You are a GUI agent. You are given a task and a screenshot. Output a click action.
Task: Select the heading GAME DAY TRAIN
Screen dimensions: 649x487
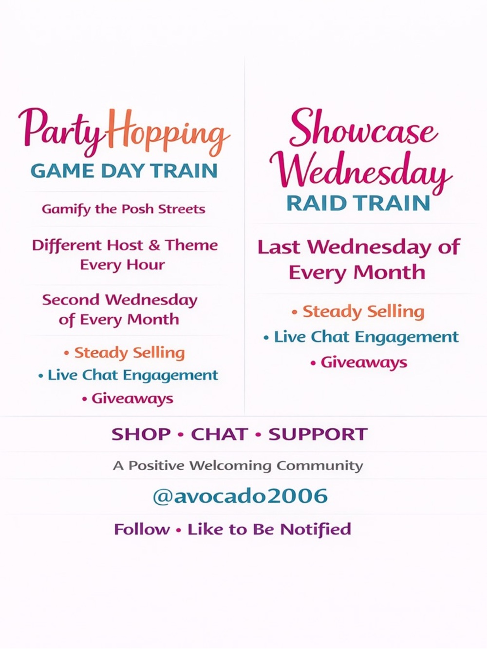(124, 171)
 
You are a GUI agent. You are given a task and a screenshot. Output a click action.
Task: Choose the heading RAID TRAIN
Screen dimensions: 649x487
(358, 203)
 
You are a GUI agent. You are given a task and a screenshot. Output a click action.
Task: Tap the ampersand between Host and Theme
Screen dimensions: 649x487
(154, 245)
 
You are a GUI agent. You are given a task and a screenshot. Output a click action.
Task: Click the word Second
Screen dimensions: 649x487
(71, 300)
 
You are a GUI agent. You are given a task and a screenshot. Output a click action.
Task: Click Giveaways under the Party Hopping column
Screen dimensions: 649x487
(132, 399)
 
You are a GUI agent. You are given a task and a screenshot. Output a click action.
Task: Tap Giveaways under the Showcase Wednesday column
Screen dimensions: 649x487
(363, 363)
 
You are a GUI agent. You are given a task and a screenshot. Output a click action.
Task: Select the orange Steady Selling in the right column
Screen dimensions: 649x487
(363, 311)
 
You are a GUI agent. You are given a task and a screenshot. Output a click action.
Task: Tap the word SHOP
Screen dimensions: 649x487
(141, 434)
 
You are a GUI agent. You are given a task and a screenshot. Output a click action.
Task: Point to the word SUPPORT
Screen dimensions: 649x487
(318, 434)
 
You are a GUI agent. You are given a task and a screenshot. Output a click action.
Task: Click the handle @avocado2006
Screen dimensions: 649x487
(240, 496)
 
